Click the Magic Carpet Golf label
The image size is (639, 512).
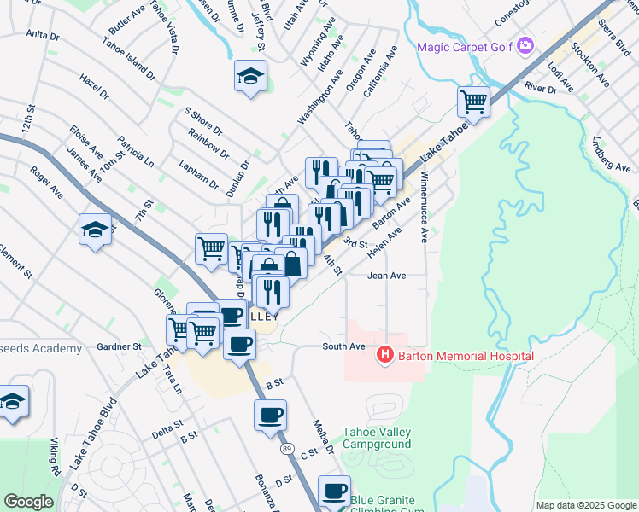[x=464, y=46]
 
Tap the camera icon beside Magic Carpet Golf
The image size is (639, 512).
[x=525, y=45]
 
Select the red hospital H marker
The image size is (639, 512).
[x=385, y=355]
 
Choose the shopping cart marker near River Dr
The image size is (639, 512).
[x=473, y=102]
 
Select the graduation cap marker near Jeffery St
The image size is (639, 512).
[x=250, y=77]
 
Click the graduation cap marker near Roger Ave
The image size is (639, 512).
[x=95, y=229]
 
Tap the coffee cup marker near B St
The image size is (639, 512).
[x=270, y=416]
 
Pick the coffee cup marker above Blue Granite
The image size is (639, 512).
[x=334, y=491]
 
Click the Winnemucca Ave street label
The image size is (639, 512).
[x=424, y=206]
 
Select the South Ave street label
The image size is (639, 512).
[x=343, y=346]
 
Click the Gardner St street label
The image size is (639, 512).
[x=119, y=346]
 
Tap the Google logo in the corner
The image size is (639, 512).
[x=28, y=502]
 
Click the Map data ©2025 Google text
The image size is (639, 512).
[x=586, y=505]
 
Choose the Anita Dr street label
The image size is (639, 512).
[x=43, y=36]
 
